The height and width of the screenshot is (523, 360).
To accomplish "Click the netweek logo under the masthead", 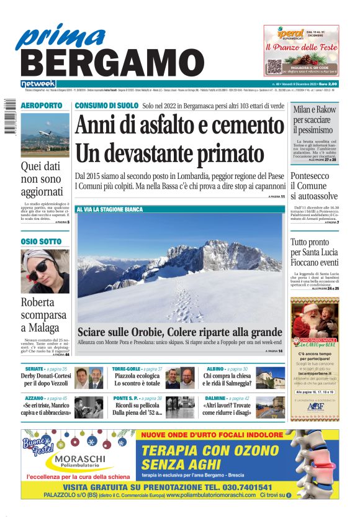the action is coord(38,84).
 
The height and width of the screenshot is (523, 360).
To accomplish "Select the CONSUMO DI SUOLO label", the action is coord(106,106).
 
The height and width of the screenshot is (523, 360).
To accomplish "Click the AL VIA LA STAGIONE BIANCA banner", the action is coord(109,210).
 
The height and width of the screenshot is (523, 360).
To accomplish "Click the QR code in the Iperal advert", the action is coord(275,68).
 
